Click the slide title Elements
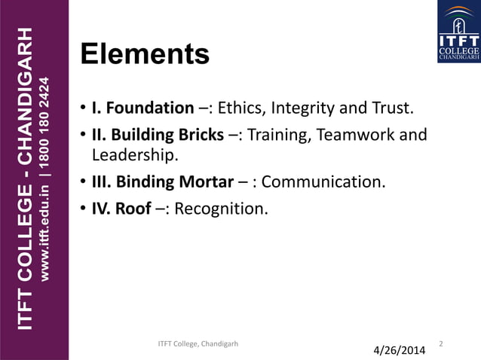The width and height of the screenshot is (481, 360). (x=145, y=54)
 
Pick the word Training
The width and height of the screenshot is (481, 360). (x=276, y=136)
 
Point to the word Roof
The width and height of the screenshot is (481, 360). (x=133, y=208)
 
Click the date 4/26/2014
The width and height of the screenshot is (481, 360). (x=400, y=350)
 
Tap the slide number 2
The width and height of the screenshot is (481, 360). (x=441, y=344)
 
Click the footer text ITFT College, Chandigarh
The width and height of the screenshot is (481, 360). (x=198, y=344)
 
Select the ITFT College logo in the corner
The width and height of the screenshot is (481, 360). (x=458, y=32)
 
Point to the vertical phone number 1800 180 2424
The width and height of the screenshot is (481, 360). (x=47, y=114)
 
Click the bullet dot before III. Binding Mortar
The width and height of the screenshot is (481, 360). (x=84, y=183)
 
